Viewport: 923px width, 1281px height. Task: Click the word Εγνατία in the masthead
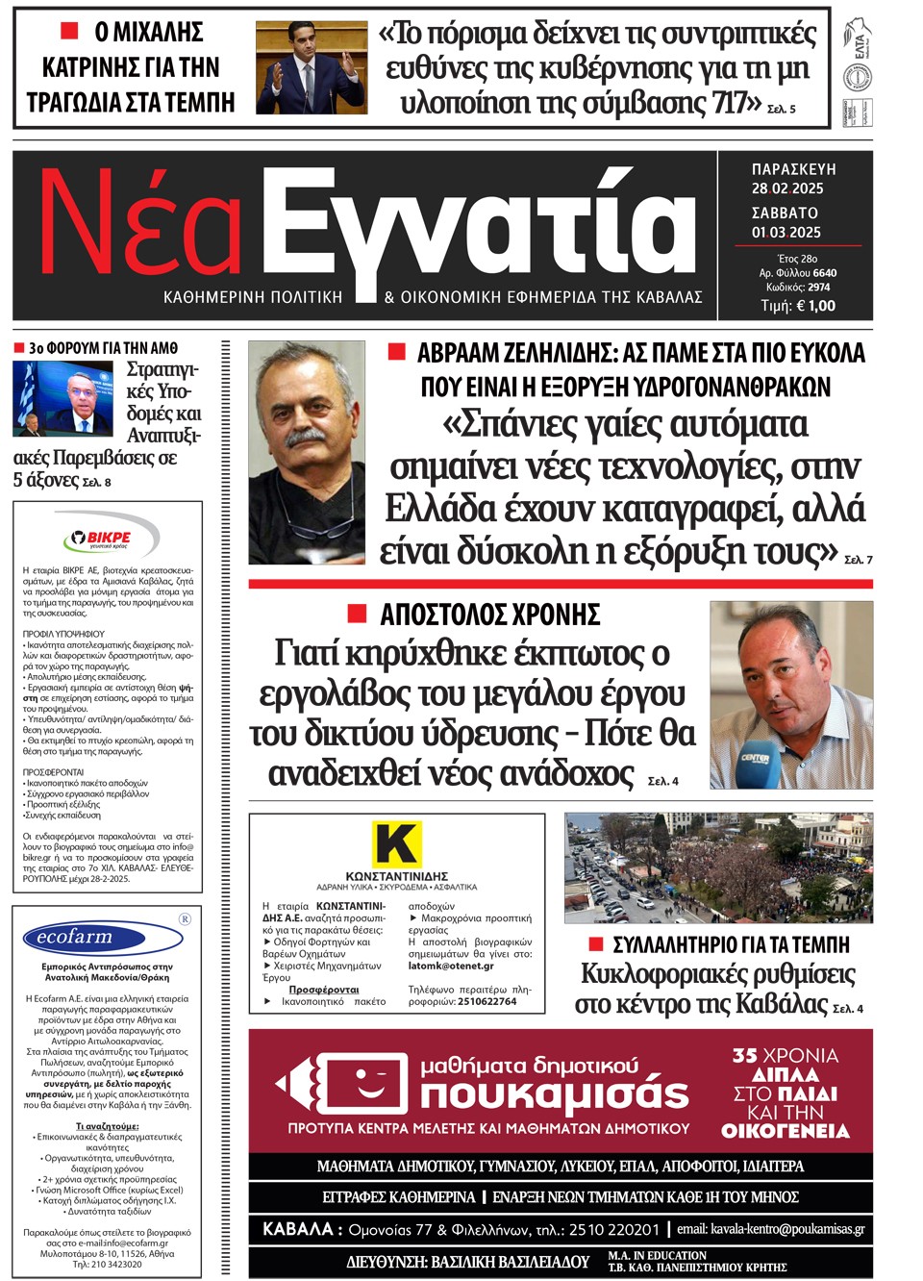click(479, 228)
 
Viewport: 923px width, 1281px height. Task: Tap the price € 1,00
click(814, 306)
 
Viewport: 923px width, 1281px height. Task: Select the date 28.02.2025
click(786, 188)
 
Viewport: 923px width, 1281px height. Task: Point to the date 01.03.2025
click(786, 232)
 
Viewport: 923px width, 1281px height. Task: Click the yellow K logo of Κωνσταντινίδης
click(396, 843)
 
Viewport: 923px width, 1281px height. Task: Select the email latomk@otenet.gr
click(451, 966)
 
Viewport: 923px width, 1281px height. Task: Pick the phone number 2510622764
click(486, 1001)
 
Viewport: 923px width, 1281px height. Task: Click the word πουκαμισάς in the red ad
click(555, 1093)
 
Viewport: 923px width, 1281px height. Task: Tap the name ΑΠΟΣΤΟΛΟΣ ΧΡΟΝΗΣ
click(489, 615)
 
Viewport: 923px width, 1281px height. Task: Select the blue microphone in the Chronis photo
click(756, 765)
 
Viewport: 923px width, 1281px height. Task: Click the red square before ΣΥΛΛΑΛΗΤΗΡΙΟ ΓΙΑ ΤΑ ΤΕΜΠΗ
click(596, 943)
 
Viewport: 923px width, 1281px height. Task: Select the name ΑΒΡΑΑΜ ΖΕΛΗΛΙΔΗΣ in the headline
click(516, 353)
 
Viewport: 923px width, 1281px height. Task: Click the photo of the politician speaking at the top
click(311, 67)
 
